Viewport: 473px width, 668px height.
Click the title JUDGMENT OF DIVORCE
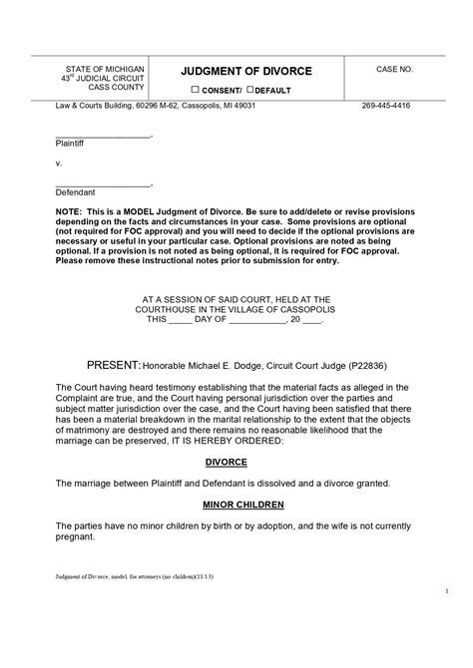click(245, 72)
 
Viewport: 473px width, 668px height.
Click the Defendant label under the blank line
click(74, 190)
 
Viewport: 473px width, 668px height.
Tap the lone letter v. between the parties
click(58, 163)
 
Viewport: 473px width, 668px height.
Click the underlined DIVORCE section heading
click(226, 463)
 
